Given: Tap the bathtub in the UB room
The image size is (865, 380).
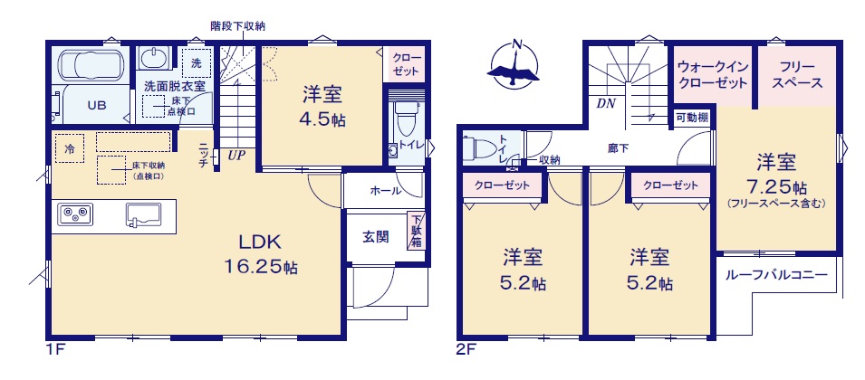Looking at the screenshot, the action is click(90, 65).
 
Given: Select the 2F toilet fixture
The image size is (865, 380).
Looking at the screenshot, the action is click(478, 147).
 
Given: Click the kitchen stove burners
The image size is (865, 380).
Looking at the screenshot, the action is click(76, 214).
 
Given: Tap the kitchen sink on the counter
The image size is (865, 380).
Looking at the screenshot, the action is click(143, 214).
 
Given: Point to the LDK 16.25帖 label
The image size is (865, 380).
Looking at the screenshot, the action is click(260, 254).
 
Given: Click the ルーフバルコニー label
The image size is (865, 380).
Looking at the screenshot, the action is click(776, 274).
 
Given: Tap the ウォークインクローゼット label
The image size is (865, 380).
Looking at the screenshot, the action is click(712, 75).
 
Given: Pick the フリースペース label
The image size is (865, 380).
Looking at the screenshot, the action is click(797, 75).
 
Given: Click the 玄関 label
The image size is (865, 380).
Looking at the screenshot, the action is click(376, 236).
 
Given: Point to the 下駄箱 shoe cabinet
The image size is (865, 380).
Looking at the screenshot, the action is click(415, 232).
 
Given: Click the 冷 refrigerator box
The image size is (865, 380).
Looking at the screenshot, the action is click(70, 148).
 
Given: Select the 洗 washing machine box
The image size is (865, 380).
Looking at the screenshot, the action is click(197, 62).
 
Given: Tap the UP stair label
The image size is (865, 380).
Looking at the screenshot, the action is click(236, 156).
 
